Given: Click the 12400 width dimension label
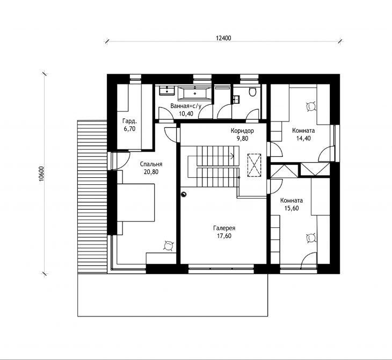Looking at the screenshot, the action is pyautogui.click(x=223, y=38).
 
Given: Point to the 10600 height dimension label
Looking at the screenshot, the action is pyautogui.click(x=41, y=174).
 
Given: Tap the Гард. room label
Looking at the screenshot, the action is pyautogui.click(x=129, y=121).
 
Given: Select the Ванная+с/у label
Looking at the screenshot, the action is pyautogui.click(x=186, y=106).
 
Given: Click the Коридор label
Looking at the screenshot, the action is pyautogui.click(x=242, y=131).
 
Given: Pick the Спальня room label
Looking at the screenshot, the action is pyautogui.click(x=151, y=164).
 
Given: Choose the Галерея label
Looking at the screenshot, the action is pyautogui.click(x=224, y=228).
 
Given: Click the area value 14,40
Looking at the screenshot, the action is pyautogui.click(x=303, y=138).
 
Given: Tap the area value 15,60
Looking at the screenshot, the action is pyautogui.click(x=292, y=208).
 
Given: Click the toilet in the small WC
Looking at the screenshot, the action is pyautogui.click(x=252, y=91).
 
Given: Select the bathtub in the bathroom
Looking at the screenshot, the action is pyautogui.click(x=195, y=93).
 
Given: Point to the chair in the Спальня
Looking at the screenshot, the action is pyautogui.click(x=168, y=246).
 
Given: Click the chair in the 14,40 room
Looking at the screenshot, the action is pyautogui.click(x=311, y=106).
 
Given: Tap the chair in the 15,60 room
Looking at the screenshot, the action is pyautogui.click(x=311, y=238).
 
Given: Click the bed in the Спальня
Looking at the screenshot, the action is pyautogui.click(x=136, y=203).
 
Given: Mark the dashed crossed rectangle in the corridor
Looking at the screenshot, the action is pyautogui.click(x=254, y=165).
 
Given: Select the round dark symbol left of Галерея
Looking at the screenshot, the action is pyautogui.click(x=184, y=194).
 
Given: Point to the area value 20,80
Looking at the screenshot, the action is pyautogui.click(x=151, y=172).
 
